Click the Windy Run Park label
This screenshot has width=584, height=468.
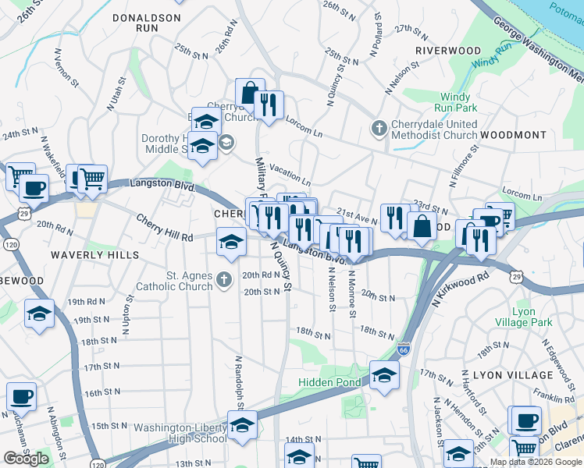tap(456, 103)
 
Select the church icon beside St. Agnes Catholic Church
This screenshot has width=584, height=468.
tap(224, 279)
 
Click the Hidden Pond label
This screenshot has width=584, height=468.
tap(329, 382)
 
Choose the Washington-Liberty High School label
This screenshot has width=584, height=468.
tap(180, 433)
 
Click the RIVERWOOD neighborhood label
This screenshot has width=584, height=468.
tap(447, 51)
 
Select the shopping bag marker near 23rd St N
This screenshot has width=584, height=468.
tap(422, 226)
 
